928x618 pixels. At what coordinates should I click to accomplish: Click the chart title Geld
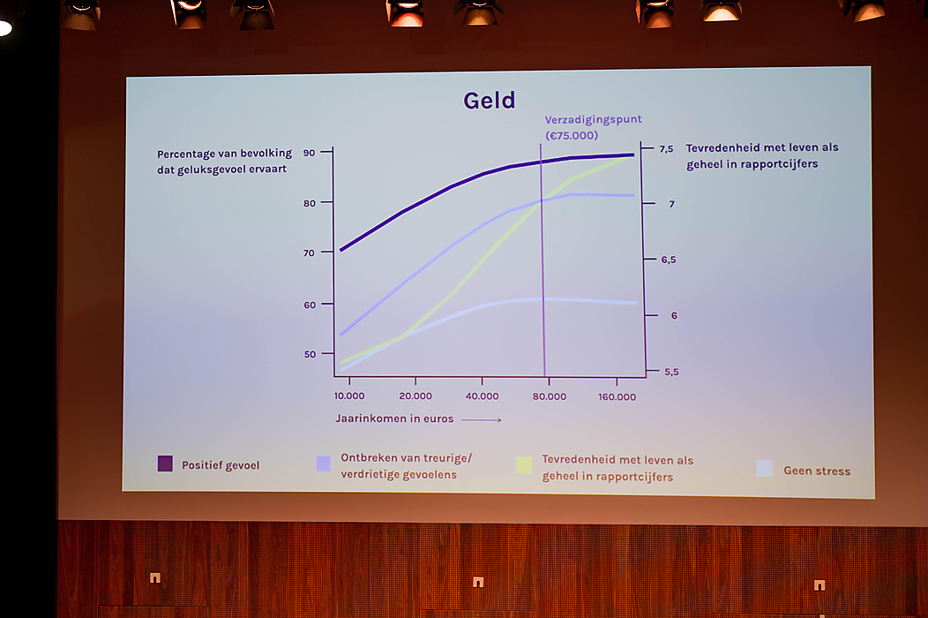490,101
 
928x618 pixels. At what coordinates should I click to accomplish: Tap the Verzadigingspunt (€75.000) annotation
593,127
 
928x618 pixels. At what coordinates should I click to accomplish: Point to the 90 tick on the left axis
309,153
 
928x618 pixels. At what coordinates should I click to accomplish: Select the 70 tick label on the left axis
309,253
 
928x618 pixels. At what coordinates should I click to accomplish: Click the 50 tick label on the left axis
310,354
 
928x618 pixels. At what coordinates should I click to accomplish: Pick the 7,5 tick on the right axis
666,149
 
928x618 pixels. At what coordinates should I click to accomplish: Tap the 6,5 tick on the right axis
668,260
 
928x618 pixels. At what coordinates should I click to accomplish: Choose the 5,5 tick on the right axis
671,372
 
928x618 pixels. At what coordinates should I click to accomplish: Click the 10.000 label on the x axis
349,396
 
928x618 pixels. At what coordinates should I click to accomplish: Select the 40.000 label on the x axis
482,396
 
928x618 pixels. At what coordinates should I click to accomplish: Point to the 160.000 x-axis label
617,397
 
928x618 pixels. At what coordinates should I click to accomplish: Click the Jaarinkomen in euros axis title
394,418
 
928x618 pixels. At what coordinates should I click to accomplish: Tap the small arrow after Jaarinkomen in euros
481,420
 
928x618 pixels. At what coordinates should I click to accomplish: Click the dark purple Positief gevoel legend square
165,463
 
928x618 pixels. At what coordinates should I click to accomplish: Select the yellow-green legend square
524,466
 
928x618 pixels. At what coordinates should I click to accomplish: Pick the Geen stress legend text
817,471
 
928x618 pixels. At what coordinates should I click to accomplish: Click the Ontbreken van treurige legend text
406,458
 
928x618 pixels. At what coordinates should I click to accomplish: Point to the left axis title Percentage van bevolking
224,154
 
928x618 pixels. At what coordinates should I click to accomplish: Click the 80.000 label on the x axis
550,396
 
